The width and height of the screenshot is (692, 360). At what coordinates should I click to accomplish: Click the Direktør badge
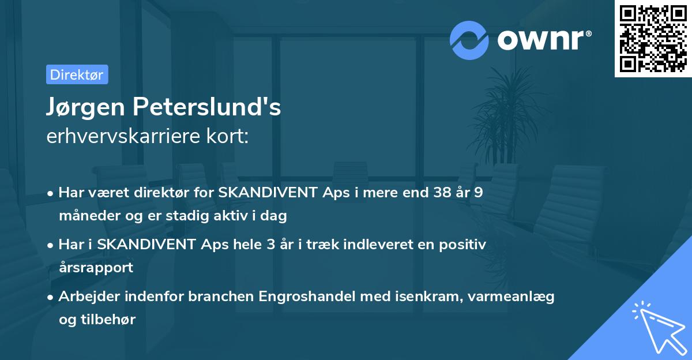[x=77, y=74]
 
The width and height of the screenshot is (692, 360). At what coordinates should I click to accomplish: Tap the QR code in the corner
[x=653, y=39]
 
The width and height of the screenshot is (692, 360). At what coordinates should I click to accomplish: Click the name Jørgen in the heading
[x=84, y=107]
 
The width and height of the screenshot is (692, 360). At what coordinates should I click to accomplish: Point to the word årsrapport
[x=96, y=268]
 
